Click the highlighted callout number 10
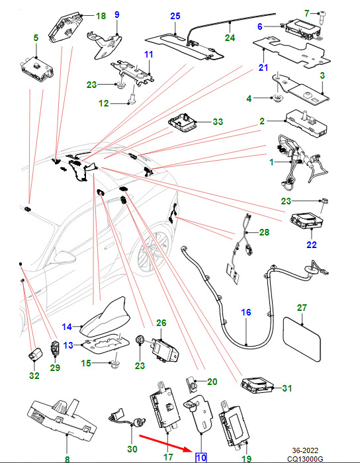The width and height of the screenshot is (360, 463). [x=201, y=458]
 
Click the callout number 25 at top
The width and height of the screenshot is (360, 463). [x=175, y=16]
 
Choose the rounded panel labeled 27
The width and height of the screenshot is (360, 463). [x=302, y=339]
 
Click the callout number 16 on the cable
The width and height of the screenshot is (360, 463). [x=246, y=312]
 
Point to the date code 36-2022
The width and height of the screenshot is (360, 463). [x=305, y=450]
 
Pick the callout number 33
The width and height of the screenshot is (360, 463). [x=218, y=122]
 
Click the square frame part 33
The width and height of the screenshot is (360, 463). [x=183, y=122]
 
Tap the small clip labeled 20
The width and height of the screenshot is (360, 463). [x=191, y=384]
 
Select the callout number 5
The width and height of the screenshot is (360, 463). [x=36, y=38]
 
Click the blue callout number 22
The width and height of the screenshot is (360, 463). [x=312, y=245]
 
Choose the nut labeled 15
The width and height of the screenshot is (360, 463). [x=114, y=364]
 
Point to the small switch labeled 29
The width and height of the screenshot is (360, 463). [x=55, y=347]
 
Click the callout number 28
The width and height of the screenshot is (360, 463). [x=264, y=232]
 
